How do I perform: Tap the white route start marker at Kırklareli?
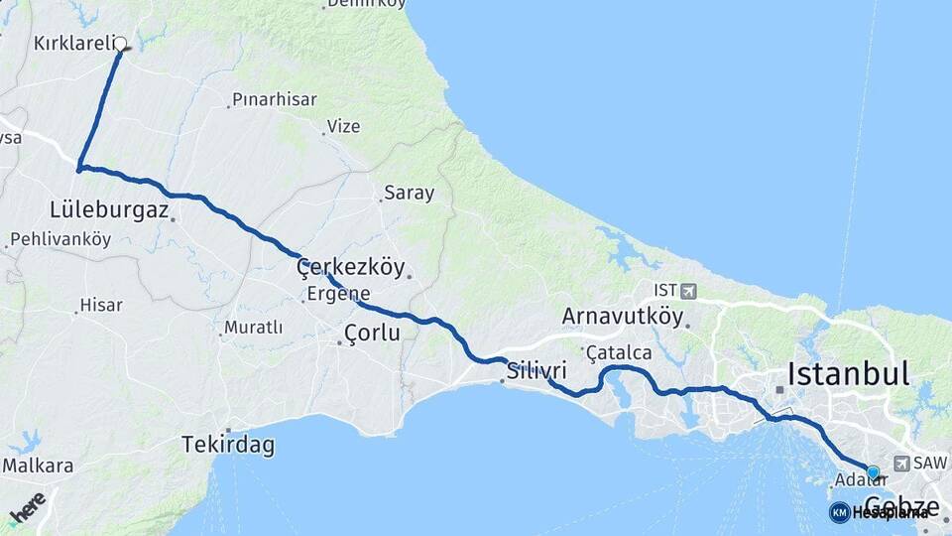121,44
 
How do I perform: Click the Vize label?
343,126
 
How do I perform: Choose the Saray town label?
410,194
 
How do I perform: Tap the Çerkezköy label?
351,267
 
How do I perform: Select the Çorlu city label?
372,334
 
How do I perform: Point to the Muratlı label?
253,327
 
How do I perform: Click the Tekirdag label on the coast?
227,446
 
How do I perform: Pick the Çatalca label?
619,352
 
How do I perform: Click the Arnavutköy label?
622,317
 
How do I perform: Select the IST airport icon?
688,291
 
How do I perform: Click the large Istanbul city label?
848,374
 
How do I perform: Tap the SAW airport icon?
901,463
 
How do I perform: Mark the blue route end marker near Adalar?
873,472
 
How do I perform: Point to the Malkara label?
38,466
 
